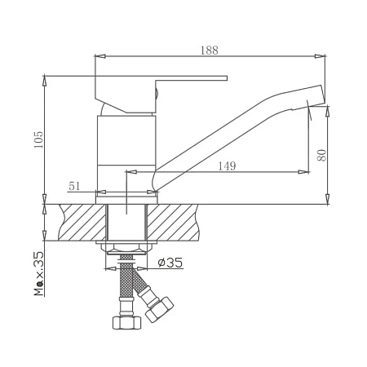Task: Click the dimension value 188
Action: tap(210, 51)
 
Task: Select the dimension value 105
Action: tap(38, 139)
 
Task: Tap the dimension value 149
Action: tap(227, 166)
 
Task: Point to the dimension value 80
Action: tap(321, 155)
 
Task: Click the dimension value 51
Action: tap(74, 186)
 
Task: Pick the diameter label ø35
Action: tap(170, 263)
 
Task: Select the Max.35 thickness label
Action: tap(38, 273)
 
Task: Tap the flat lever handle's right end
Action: tap(227, 78)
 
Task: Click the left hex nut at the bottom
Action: tap(126, 323)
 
